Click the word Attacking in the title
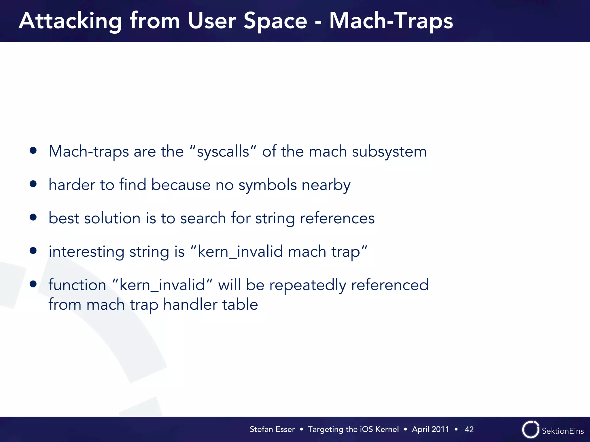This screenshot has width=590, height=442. (70, 22)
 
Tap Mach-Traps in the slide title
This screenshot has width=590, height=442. (391, 22)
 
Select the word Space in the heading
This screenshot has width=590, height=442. (275, 22)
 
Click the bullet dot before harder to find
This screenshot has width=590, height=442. (33, 184)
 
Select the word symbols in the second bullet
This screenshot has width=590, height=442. (267, 185)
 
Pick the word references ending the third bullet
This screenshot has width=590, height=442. (337, 218)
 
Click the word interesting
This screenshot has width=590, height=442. (86, 252)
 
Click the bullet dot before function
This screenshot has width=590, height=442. (33, 284)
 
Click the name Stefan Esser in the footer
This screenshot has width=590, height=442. (272, 429)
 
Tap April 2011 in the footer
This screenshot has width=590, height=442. (430, 429)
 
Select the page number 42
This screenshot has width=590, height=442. (469, 429)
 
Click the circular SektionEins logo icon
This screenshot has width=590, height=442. (530, 430)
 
